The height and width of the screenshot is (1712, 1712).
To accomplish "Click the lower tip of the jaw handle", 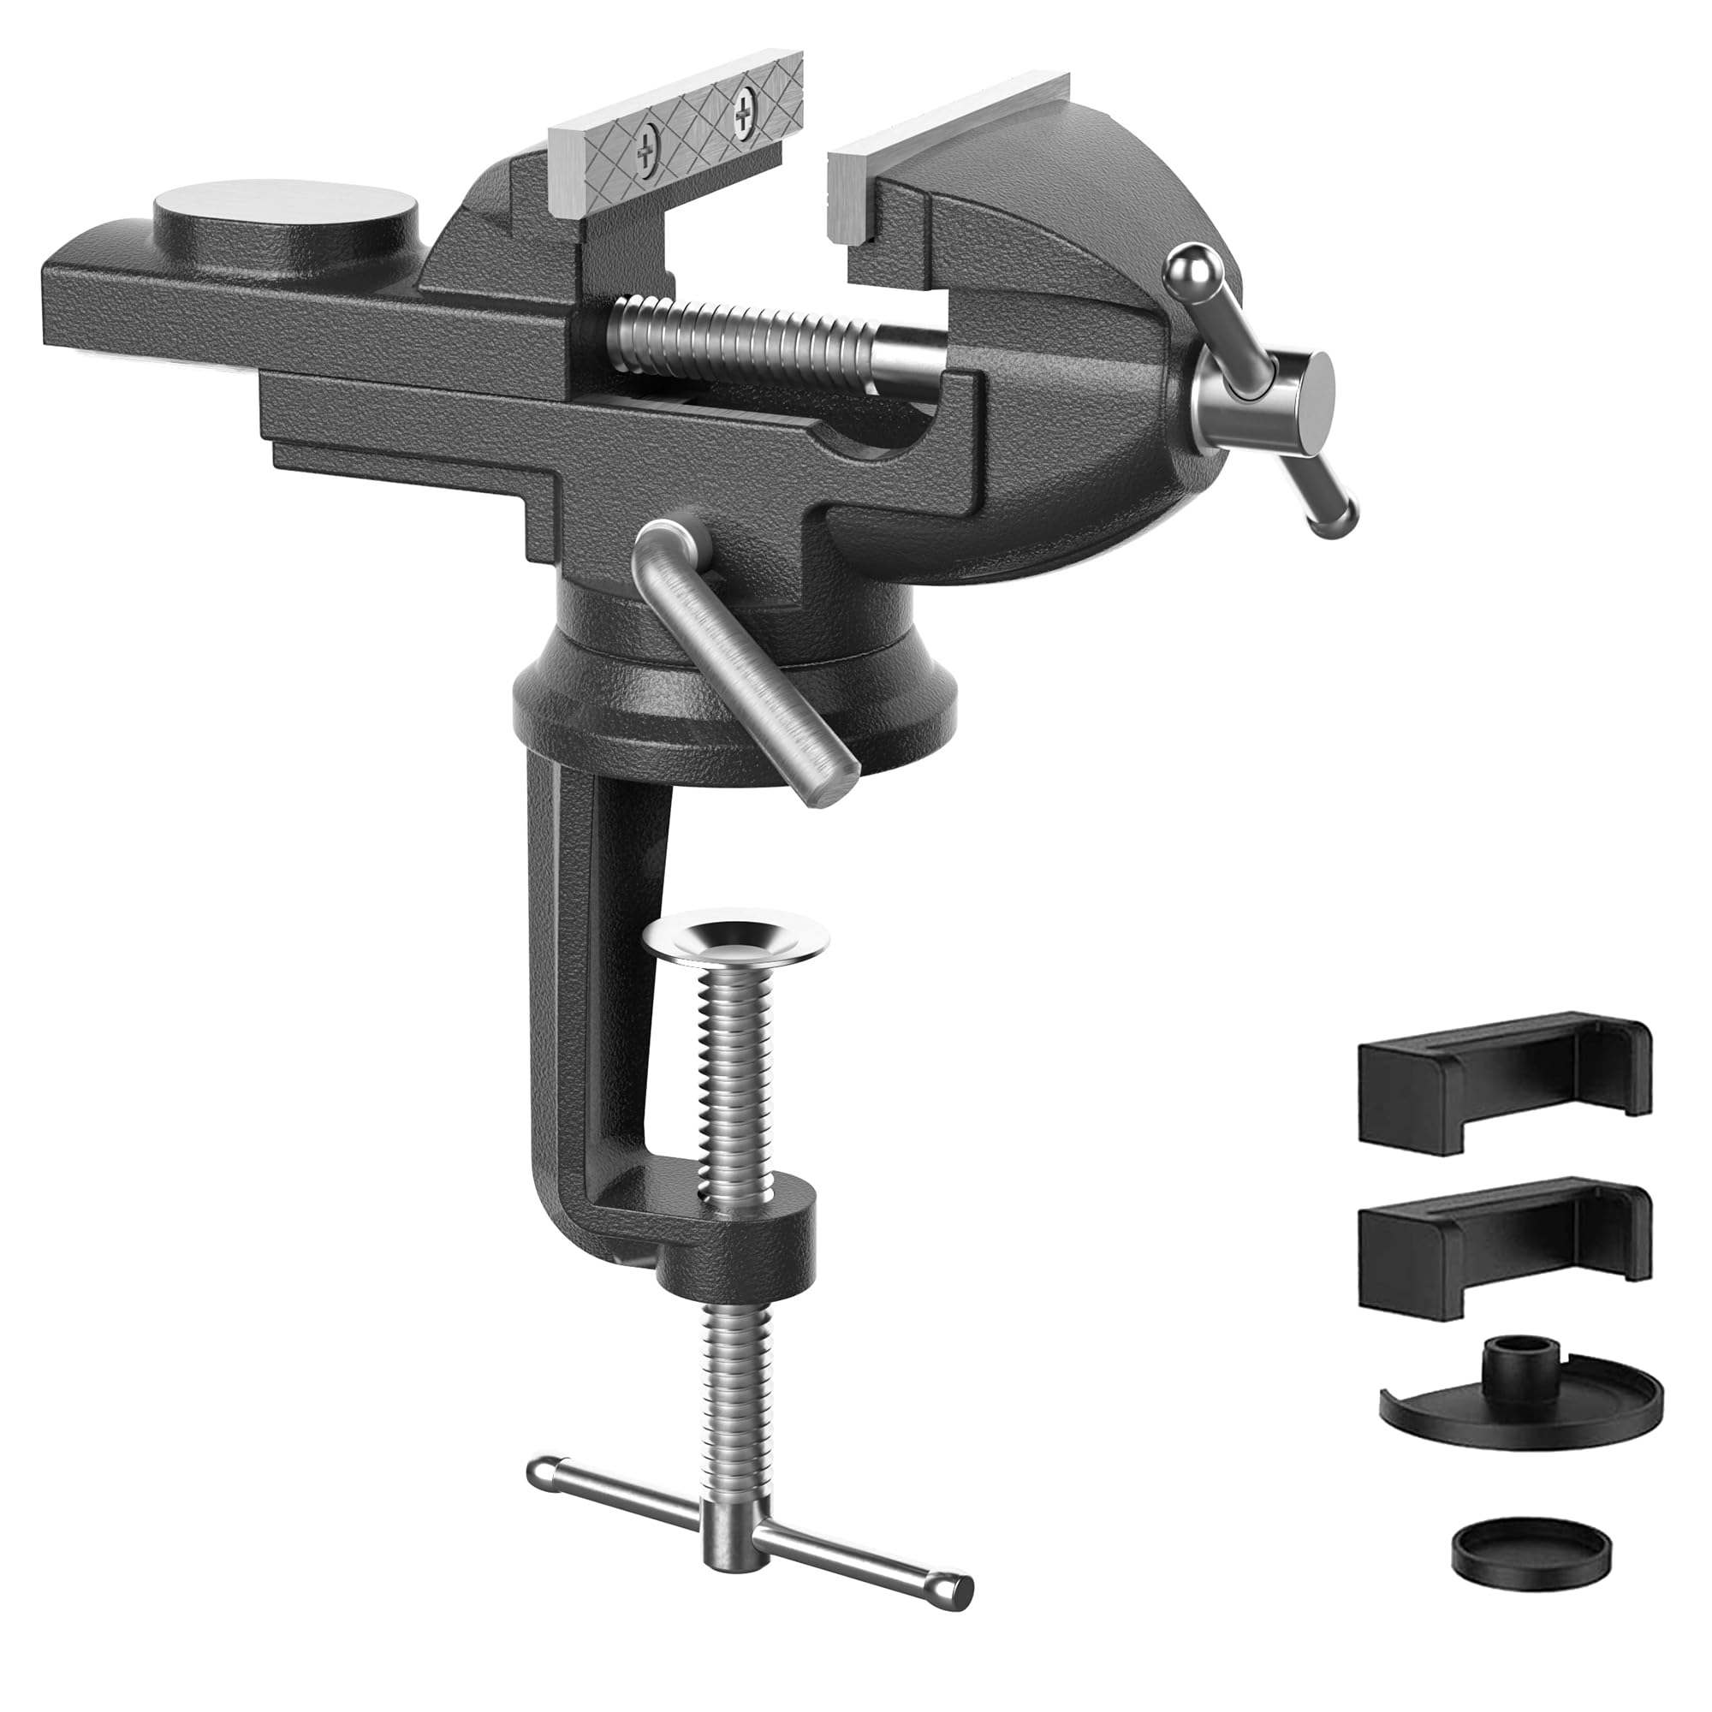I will pyautogui.click(x=1335, y=522).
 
